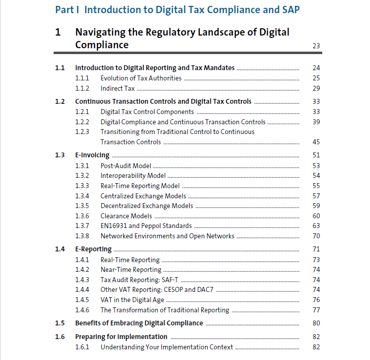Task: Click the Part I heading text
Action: click(x=177, y=10)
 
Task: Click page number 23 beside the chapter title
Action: click(x=316, y=46)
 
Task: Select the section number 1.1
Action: click(x=60, y=68)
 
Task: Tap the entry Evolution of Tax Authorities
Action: click(x=141, y=78)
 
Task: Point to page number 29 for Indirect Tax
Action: click(x=316, y=88)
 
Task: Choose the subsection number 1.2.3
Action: click(x=82, y=132)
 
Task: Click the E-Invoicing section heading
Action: click(x=92, y=155)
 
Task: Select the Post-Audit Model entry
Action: click(x=126, y=166)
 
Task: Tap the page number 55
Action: click(x=316, y=186)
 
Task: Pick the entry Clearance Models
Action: click(x=126, y=216)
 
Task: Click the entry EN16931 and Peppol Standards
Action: click(x=146, y=226)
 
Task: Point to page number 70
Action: click(x=316, y=236)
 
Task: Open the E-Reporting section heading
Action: click(x=93, y=249)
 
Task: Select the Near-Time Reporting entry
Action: click(x=131, y=269)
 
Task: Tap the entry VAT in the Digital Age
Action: click(x=132, y=300)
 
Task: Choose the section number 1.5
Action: click(x=60, y=323)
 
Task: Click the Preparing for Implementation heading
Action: click(x=121, y=337)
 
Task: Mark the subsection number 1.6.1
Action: click(x=82, y=347)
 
